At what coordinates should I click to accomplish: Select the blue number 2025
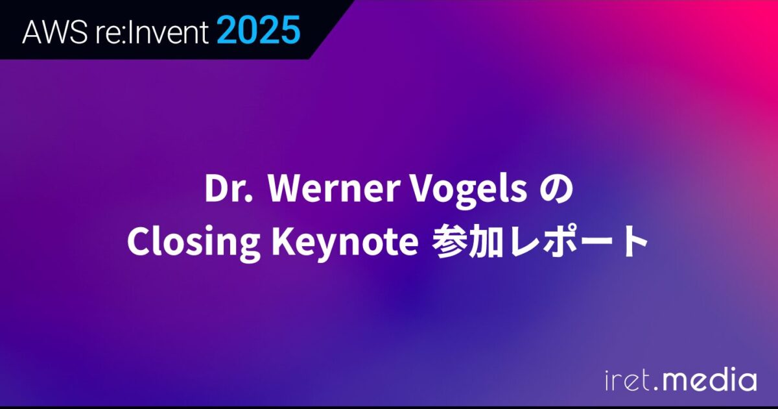pos(259,31)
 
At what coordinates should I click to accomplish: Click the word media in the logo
pos(708,380)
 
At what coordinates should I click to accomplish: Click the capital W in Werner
pos(283,190)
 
